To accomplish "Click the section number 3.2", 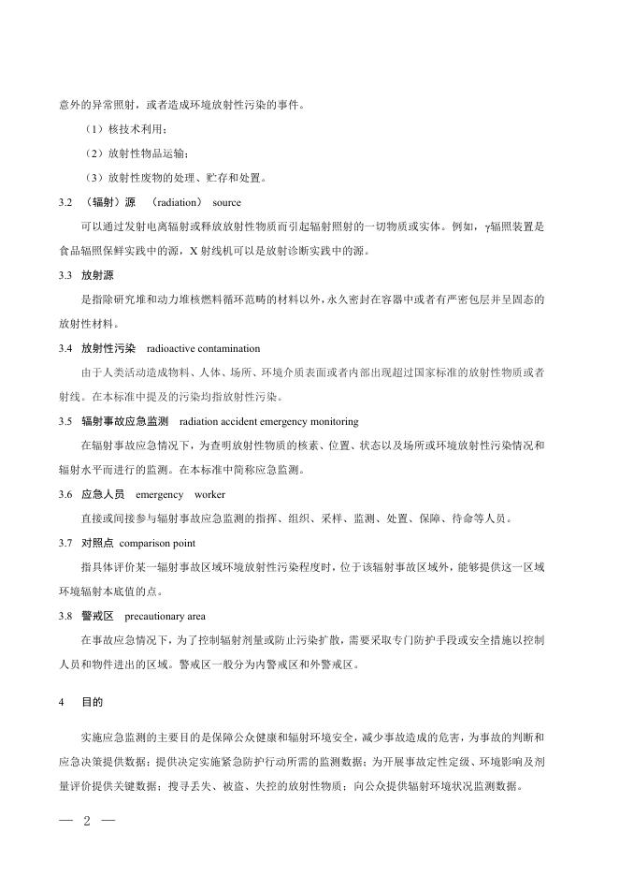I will [x=64, y=202].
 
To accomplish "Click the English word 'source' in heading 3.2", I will [x=226, y=202].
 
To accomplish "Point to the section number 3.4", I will [x=64, y=348].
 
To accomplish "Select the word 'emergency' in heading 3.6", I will [x=160, y=494].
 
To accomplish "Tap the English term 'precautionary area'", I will [x=165, y=616].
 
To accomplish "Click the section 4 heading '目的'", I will [x=93, y=699].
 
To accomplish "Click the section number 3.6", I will [x=64, y=494].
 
